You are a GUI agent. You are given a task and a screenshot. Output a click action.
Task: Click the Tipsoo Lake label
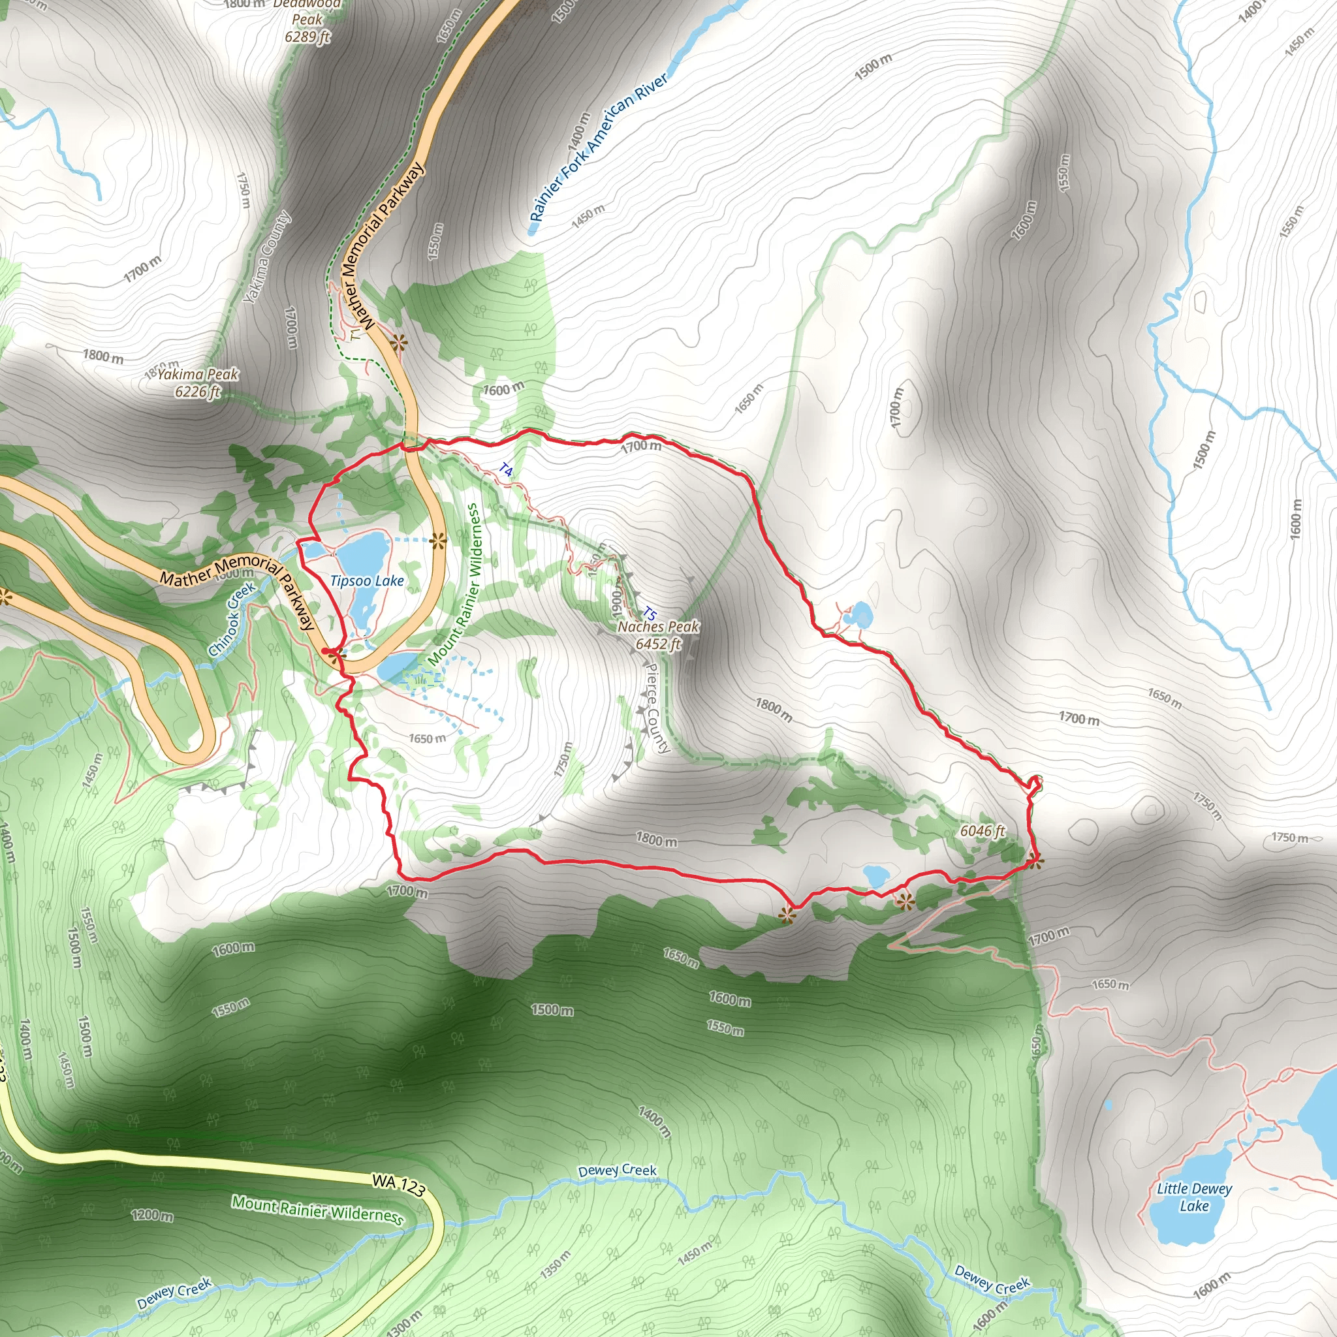pyautogui.click(x=367, y=580)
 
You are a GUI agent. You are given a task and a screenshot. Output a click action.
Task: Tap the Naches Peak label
pyautogui.click(x=658, y=626)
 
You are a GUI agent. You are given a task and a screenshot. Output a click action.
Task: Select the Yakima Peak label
pyautogui.click(x=198, y=374)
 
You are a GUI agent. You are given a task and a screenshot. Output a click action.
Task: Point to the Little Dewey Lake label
pyautogui.click(x=1195, y=1197)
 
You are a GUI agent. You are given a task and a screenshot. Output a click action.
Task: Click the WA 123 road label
pyautogui.click(x=398, y=1184)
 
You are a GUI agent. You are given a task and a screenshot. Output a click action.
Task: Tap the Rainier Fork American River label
pyautogui.click(x=599, y=148)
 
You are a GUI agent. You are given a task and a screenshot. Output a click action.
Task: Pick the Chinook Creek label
pyautogui.click(x=232, y=620)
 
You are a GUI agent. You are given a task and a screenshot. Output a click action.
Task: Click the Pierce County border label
pyautogui.click(x=657, y=707)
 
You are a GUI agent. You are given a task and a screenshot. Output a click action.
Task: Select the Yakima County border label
pyautogui.click(x=267, y=258)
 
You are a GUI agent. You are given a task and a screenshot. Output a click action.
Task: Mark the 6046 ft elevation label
pyautogui.click(x=983, y=830)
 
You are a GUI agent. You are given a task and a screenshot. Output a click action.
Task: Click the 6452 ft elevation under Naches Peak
pyautogui.click(x=658, y=644)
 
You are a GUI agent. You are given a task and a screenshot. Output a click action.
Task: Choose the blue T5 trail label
pyautogui.click(x=649, y=613)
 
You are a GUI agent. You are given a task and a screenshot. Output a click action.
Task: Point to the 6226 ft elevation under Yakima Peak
pyautogui.click(x=198, y=392)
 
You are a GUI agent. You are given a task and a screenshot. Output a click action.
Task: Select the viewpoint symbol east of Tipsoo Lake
pyautogui.click(x=437, y=541)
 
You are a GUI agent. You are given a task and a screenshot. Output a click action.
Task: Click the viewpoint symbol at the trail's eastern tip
pyautogui.click(x=1035, y=862)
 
